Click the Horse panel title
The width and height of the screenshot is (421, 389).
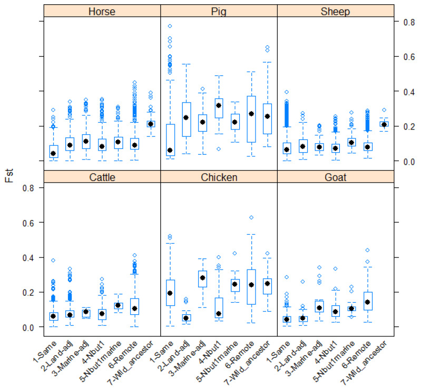[x=102, y=11]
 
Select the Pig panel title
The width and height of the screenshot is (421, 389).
[x=219, y=11]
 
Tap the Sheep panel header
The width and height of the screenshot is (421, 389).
[x=335, y=11]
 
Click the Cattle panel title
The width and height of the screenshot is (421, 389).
[x=102, y=177]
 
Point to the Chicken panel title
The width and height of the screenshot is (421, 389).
[x=219, y=177]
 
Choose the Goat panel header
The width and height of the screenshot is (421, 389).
[x=335, y=177]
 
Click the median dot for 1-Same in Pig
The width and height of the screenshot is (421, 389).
[x=170, y=151]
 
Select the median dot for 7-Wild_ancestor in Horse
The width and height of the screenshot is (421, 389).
[x=151, y=124]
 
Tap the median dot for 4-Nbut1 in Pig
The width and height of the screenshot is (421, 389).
[x=219, y=105]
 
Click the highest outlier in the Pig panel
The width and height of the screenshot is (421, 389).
[x=170, y=26]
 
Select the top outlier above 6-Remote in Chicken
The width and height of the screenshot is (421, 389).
[x=251, y=217]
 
